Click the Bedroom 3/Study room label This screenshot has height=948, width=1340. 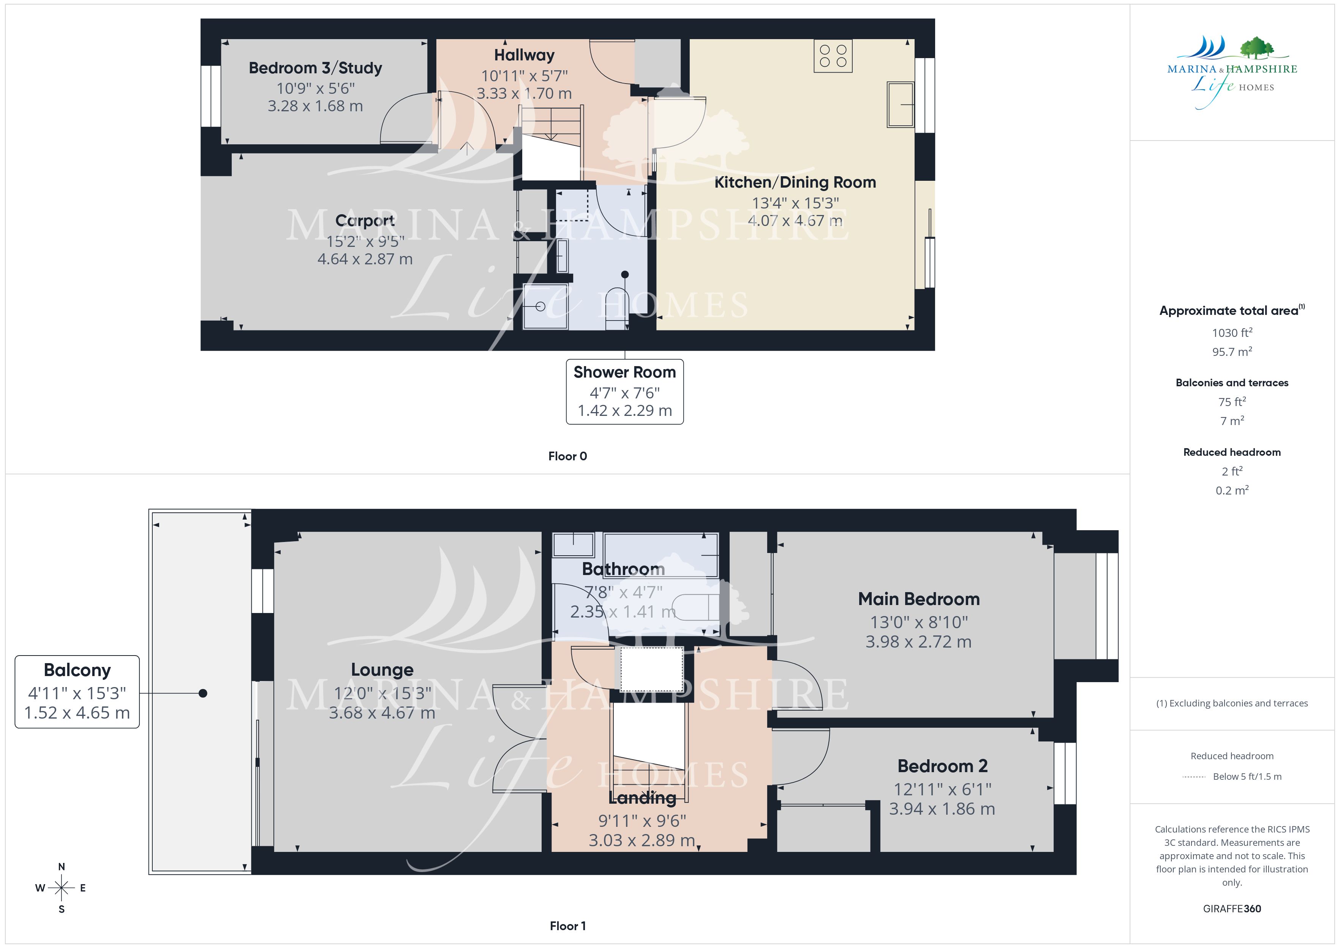point(315,68)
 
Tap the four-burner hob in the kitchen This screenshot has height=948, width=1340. point(833,56)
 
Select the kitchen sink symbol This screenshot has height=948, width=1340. point(900,104)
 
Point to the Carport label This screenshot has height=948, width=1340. point(365,221)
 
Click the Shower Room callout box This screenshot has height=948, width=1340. point(624,392)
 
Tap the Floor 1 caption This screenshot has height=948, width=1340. point(567,926)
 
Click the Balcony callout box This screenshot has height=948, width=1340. point(77,692)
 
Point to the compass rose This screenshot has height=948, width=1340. point(61,888)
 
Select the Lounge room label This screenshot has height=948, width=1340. point(382,670)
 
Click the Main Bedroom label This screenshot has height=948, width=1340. point(919,599)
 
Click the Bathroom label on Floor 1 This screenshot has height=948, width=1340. point(623,569)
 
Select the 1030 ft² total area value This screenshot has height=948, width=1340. point(1232,333)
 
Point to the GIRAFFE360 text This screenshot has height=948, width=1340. point(1232,909)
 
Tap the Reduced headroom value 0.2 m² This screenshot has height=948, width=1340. point(1232,490)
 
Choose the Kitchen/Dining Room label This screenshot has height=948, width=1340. point(795,183)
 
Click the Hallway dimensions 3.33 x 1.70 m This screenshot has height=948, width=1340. point(524,93)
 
